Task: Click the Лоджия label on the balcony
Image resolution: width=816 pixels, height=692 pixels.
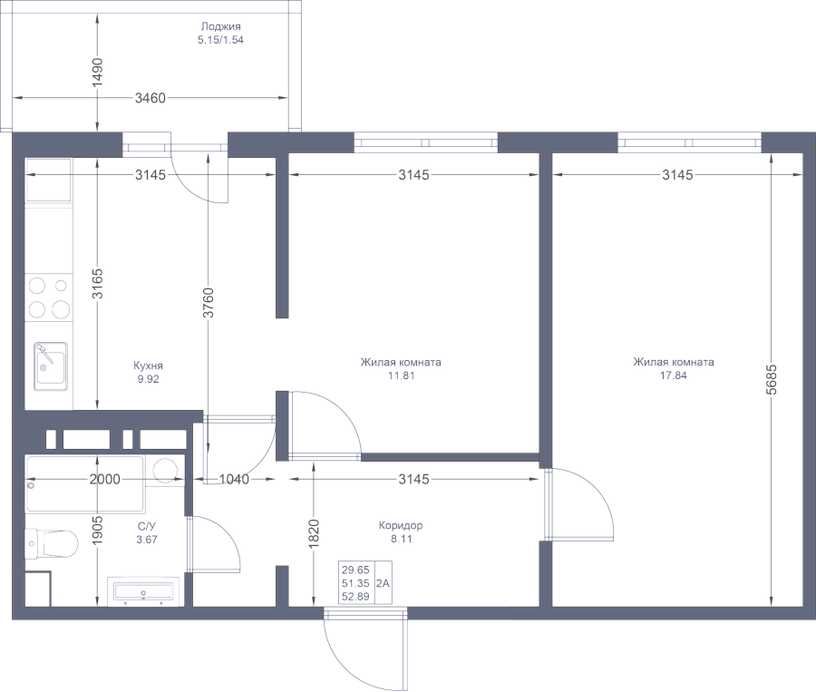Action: pos(221,27)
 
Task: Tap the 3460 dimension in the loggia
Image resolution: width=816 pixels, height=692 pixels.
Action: pos(150,99)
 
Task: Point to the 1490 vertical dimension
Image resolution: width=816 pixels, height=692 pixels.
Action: pos(98,71)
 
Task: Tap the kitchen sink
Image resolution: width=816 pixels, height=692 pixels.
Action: pos(50,365)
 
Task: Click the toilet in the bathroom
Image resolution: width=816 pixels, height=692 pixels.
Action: pos(52,544)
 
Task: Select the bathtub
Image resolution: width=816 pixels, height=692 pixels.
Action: pos(84,483)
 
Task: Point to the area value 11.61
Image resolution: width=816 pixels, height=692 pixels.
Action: pos(400,376)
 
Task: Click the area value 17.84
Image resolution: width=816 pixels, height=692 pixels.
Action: pos(673,376)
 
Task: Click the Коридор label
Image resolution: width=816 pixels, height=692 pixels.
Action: pos(400,525)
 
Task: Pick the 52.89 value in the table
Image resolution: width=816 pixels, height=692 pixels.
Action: pos(354,596)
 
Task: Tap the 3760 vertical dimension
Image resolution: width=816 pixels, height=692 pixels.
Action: pos(209,302)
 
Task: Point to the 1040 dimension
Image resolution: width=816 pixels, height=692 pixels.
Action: pos(234,479)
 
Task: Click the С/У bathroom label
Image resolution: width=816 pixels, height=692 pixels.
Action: pos(146,526)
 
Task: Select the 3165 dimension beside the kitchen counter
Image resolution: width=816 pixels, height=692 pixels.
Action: pos(98,284)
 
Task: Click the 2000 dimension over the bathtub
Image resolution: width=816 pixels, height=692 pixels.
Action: pos(105,479)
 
